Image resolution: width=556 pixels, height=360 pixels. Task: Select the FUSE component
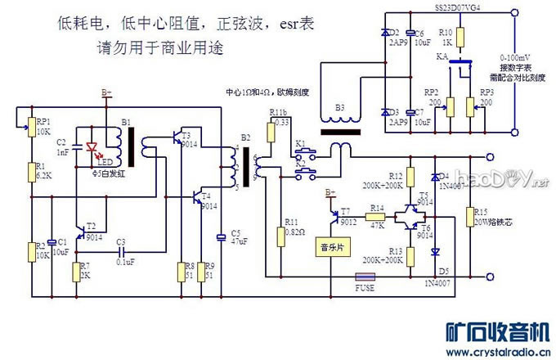click(365, 276)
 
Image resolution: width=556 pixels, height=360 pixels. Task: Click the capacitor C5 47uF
click(221, 237)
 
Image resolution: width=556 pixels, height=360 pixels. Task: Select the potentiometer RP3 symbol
click(471, 106)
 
